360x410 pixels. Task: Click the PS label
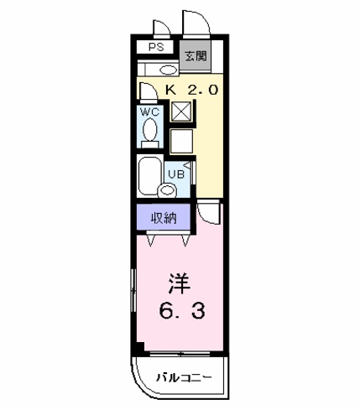pyautogui.click(x=156, y=47)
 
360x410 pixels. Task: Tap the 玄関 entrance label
pyautogui.click(x=196, y=56)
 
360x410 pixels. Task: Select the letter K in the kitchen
pyautogui.click(x=171, y=90)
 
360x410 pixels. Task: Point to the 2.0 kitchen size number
pyautogui.click(x=202, y=90)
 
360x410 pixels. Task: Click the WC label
pyautogui.click(x=149, y=112)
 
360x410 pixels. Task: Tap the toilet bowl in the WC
pyautogui.click(x=149, y=130)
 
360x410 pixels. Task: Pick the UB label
pyautogui.click(x=176, y=174)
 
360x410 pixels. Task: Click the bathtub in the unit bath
pyautogui.click(x=150, y=176)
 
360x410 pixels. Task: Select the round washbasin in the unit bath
pyautogui.click(x=167, y=190)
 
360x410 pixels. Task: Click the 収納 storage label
pyautogui.click(x=164, y=218)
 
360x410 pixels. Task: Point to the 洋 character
pyautogui.click(x=180, y=283)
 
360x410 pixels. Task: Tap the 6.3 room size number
pyautogui.click(x=182, y=311)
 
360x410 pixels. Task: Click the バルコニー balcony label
pyautogui.click(x=184, y=377)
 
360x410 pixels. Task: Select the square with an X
pyautogui.click(x=181, y=112)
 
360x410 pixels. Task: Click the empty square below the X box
pyautogui.click(x=181, y=141)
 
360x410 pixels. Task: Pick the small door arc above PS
pyautogui.click(x=164, y=24)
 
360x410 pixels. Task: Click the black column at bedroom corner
pyautogui.click(x=140, y=347)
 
